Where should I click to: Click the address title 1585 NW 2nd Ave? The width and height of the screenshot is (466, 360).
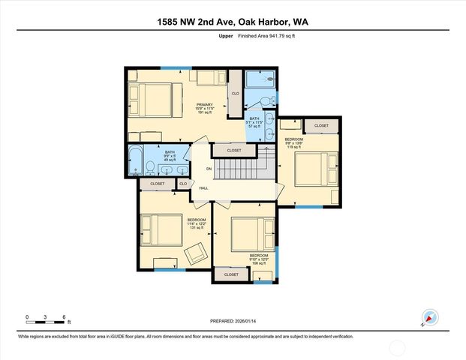tap(233, 22)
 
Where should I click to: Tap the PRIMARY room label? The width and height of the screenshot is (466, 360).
tap(204, 105)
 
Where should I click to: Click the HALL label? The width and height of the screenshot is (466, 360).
tap(203, 188)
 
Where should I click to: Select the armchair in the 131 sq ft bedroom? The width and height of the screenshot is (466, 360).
tap(197, 253)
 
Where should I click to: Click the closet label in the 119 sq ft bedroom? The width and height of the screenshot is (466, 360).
tap(321, 126)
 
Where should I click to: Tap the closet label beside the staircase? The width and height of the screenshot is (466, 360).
tap(234, 151)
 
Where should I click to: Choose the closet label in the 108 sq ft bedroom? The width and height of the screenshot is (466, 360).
tap(231, 274)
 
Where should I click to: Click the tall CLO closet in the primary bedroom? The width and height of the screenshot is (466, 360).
tap(235, 93)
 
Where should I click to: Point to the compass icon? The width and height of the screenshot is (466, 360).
tap(429, 316)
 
